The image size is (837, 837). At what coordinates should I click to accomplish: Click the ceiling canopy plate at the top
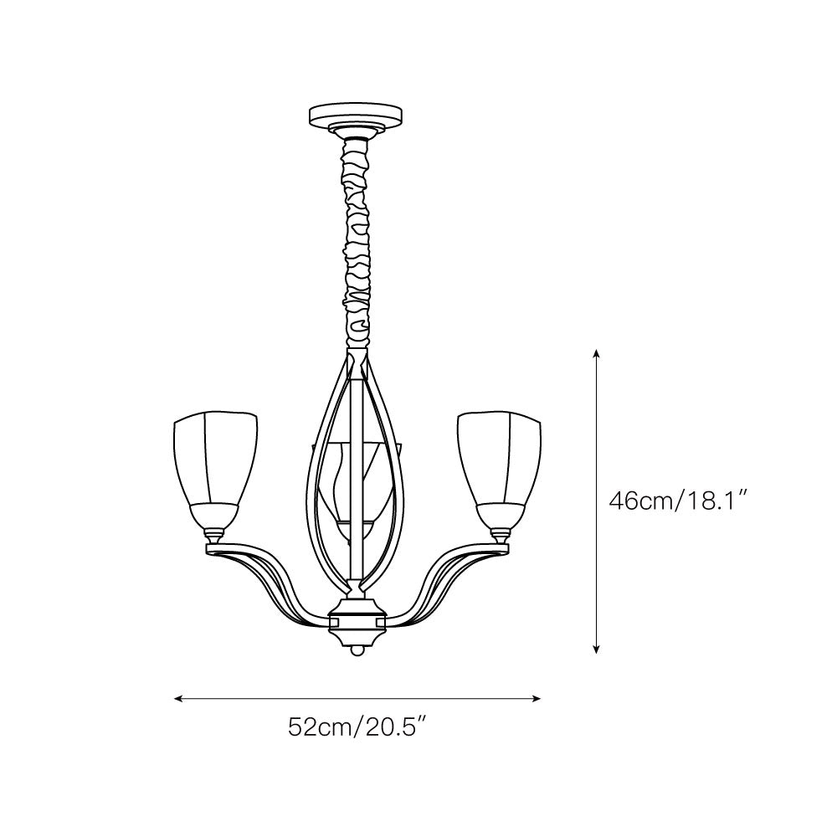(x=356, y=114)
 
